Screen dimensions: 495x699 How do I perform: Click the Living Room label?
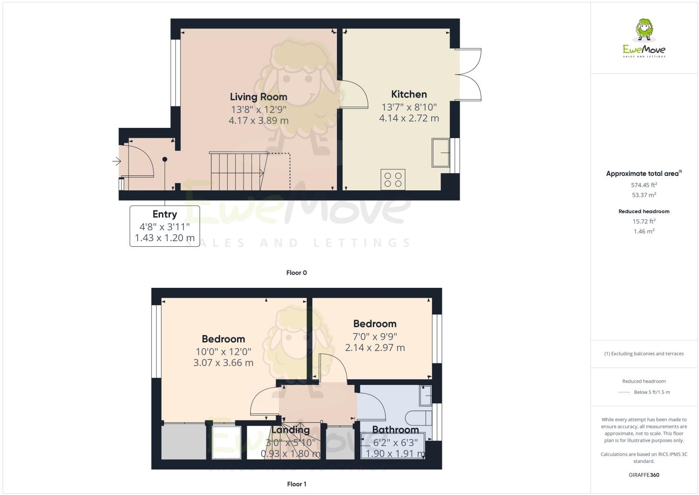[x=258, y=97]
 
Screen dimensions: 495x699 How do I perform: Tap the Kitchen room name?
[x=409, y=94]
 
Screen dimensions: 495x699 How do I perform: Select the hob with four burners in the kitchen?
[x=393, y=179]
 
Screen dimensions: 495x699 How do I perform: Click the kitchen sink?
[x=440, y=152]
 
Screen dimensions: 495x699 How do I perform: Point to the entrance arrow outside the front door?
[x=116, y=162]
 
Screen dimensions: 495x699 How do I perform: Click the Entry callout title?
[x=164, y=214]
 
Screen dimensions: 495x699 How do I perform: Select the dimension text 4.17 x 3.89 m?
[x=258, y=120]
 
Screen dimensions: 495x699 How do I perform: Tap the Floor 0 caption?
[x=296, y=273]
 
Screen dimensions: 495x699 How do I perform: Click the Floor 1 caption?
[x=296, y=484]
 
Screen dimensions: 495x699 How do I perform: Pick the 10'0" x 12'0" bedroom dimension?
[x=223, y=351]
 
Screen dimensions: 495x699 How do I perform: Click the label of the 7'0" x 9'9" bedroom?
[x=375, y=324]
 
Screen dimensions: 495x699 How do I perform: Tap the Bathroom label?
[x=395, y=430]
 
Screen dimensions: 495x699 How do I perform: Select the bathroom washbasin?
[x=426, y=395]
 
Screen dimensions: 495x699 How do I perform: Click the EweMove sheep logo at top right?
[x=644, y=31]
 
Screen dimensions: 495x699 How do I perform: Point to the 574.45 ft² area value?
[x=644, y=185]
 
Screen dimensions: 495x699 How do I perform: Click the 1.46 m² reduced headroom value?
[x=644, y=231]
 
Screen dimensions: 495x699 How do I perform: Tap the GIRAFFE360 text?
[x=644, y=475]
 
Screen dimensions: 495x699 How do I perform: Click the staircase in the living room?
[x=238, y=171]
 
